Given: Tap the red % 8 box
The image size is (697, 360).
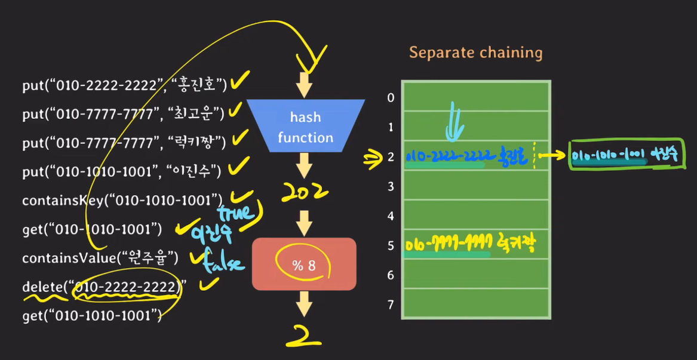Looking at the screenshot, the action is click(303, 264).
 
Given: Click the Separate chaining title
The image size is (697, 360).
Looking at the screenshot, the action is click(475, 53).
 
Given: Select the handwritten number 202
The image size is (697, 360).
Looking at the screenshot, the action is click(305, 192).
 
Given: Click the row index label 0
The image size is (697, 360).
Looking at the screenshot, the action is click(391, 97).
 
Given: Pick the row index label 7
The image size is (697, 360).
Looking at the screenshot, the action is click(391, 305).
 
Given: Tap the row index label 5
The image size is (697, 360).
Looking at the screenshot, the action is click(391, 245).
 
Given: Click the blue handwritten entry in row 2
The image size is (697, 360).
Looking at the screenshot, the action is click(468, 156).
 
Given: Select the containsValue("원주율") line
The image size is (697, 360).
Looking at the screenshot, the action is click(100, 258).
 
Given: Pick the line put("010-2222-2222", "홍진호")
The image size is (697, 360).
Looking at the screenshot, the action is click(124, 86).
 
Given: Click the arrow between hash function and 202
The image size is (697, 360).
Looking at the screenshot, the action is click(305, 164).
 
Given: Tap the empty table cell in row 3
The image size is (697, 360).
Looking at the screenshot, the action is click(475, 185).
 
